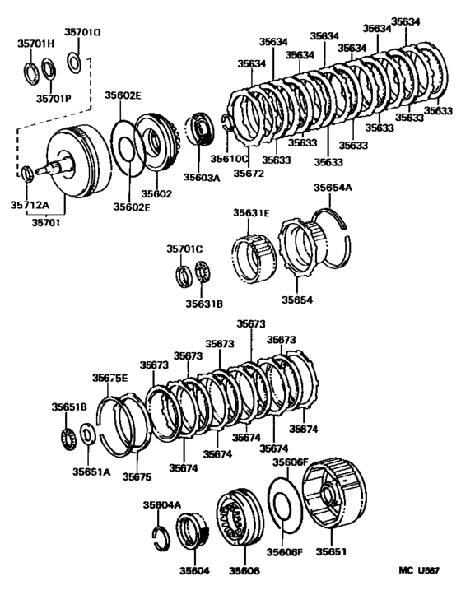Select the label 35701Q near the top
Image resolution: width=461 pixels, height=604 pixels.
pyautogui.click(x=83, y=33)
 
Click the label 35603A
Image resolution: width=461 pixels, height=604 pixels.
pyautogui.click(x=203, y=176)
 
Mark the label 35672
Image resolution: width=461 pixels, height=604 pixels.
pyautogui.click(x=249, y=174)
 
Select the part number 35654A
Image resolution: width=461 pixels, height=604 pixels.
pyautogui.click(x=333, y=188)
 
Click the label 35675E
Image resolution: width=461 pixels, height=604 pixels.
pyautogui.click(x=109, y=378)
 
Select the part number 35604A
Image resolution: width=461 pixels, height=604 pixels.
pyautogui.click(x=161, y=505)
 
